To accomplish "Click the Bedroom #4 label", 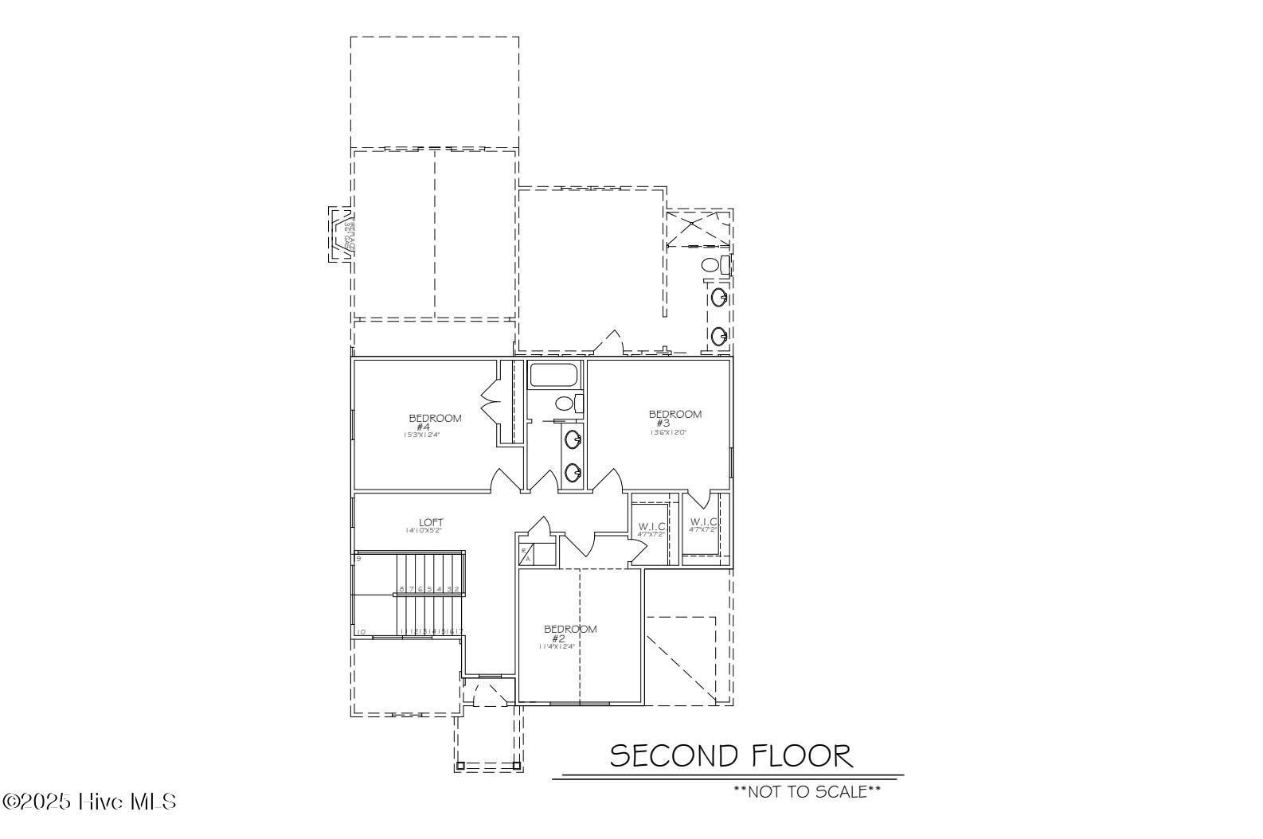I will click(x=434, y=422).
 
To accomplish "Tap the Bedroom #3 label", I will click(x=675, y=418).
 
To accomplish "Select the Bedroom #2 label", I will click(x=569, y=634).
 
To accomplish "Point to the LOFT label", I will click(x=431, y=522).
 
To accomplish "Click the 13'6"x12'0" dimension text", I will click(x=667, y=433).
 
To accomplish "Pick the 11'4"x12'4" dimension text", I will click(x=557, y=647).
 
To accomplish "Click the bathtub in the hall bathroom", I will click(x=556, y=375).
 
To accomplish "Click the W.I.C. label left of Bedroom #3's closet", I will click(x=651, y=526).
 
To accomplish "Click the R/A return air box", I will click(x=525, y=555).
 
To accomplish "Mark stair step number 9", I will click(x=359, y=559).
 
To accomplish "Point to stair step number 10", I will click(x=361, y=632).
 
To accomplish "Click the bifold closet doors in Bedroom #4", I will click(x=490, y=395).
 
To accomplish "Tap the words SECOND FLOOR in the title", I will click(x=730, y=755).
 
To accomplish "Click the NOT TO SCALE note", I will click(x=807, y=791).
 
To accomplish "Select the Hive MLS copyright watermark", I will click(x=89, y=801).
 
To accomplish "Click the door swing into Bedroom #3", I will click(x=609, y=481).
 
